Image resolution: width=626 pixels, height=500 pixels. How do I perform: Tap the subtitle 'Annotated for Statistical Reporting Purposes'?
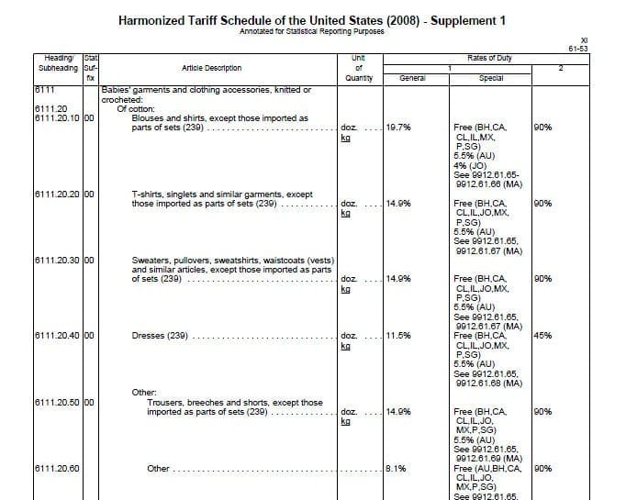click(x=312, y=31)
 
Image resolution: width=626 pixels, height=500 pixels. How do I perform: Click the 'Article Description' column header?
click(x=212, y=68)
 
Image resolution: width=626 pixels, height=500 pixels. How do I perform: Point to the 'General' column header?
click(x=412, y=78)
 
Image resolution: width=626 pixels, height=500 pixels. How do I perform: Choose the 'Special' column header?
click(x=492, y=78)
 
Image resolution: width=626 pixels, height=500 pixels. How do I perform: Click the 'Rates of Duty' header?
click(x=490, y=59)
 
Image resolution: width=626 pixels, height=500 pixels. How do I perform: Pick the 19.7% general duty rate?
click(x=398, y=128)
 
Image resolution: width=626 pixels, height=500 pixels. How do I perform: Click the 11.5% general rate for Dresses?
click(x=398, y=336)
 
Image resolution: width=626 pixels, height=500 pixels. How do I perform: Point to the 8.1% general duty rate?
click(x=396, y=468)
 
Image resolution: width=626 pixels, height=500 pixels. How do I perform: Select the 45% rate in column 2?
click(x=542, y=336)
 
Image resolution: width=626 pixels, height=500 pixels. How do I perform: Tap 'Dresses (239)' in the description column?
click(x=161, y=336)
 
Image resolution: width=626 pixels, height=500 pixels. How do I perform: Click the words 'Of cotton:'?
click(x=138, y=108)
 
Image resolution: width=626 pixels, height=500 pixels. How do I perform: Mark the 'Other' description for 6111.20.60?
click(x=159, y=468)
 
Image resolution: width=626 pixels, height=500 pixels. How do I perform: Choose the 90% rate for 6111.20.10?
click(x=542, y=128)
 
